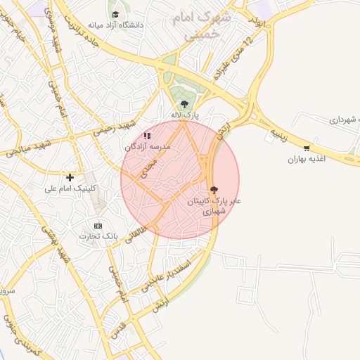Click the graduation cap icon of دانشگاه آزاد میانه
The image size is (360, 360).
click(115, 15)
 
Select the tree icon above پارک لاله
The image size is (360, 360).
click(184, 104)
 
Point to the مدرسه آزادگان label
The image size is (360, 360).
click(147, 147)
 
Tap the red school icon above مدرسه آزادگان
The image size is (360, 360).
click(147, 136)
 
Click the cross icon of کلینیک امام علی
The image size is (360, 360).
click(70, 177)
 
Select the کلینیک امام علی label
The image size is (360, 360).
click(70, 188)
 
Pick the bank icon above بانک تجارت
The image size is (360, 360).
click(98, 226)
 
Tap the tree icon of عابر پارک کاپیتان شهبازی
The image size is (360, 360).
click(214, 190)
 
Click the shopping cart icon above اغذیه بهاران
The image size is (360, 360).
click(306, 148)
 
